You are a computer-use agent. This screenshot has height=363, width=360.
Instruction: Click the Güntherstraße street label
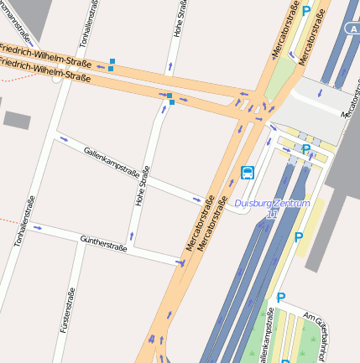coord(102,244)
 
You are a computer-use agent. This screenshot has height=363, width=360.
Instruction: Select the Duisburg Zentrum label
coord(273,203)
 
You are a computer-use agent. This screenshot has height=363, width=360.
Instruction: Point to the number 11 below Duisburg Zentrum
coord(271,215)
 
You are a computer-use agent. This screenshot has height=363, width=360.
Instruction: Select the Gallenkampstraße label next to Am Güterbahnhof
coord(267,336)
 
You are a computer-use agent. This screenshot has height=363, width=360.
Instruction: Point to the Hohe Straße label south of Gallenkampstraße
coord(142,185)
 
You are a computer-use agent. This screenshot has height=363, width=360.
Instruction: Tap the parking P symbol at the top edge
coord(306,11)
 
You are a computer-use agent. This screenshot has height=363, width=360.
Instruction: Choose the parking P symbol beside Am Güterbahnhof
coord(281,297)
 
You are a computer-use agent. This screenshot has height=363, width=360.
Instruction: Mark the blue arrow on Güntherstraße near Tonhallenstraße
coord(36,227)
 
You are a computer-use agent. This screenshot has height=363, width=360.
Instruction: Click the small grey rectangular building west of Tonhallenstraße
coord(17,119)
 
